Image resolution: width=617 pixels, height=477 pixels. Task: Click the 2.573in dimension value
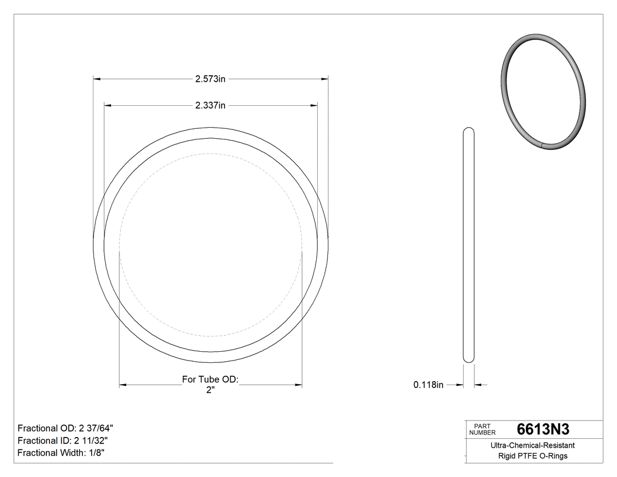[x=210, y=78]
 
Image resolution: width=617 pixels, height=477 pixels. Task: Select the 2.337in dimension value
[x=210, y=106]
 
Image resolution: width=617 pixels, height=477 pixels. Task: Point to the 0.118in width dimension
[x=428, y=385]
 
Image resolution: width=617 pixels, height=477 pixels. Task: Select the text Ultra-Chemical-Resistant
[x=532, y=446]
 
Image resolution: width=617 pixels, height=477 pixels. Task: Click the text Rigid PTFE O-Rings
[x=532, y=456]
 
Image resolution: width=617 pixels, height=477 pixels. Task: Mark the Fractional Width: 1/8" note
[x=61, y=453]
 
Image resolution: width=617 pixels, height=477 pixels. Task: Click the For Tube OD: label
[x=210, y=380]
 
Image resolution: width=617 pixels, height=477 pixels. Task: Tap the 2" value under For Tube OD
[x=210, y=390]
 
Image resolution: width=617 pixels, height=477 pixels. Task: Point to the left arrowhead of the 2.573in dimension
[x=97, y=78]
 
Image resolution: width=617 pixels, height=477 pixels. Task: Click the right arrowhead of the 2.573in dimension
[x=324, y=78]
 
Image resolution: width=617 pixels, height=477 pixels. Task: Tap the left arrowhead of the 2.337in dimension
[x=108, y=106]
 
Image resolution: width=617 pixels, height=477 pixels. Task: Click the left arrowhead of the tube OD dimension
[x=123, y=385]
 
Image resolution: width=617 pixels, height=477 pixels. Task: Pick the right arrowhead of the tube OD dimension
[x=298, y=385]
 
